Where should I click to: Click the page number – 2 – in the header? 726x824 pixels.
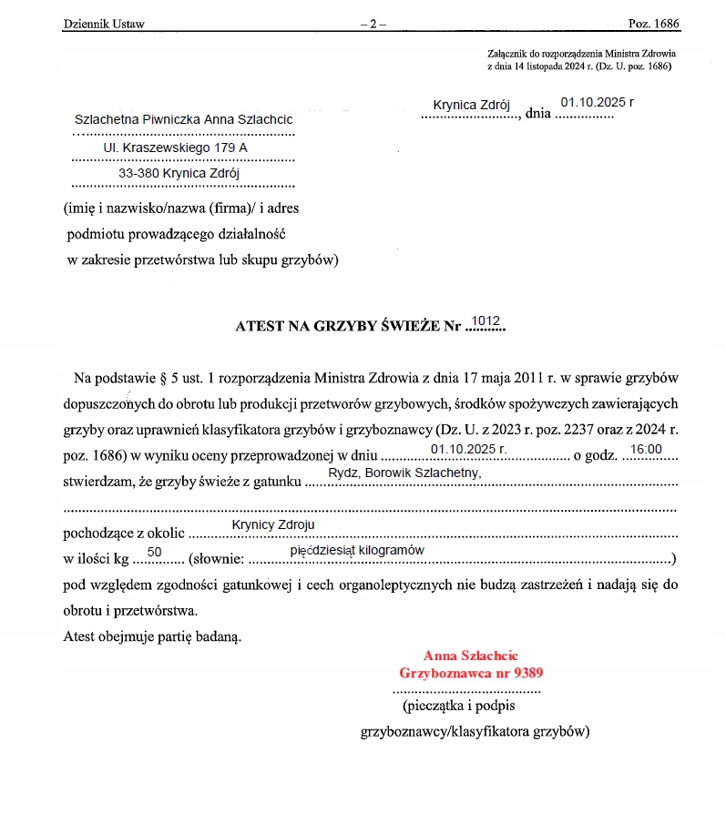coord(373,24)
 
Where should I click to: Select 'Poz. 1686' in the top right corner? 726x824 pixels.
coord(655,24)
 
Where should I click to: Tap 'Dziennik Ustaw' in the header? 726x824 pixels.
coord(104,24)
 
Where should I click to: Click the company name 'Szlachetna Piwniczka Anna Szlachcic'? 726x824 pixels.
coord(184,120)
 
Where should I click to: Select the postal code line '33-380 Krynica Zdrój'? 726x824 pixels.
coord(179,172)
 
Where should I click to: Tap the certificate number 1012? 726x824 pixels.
coord(486,320)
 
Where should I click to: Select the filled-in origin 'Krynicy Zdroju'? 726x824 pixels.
coord(273,525)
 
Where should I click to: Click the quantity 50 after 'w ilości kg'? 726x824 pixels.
coord(154,552)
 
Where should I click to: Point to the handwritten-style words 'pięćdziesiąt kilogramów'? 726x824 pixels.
coord(357,551)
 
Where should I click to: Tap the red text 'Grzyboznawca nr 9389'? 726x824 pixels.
coord(472,673)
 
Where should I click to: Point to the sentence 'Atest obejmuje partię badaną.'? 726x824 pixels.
coord(152,636)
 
